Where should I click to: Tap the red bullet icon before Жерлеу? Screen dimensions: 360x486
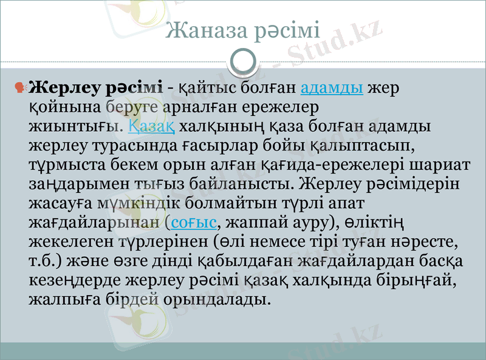click(19, 88)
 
